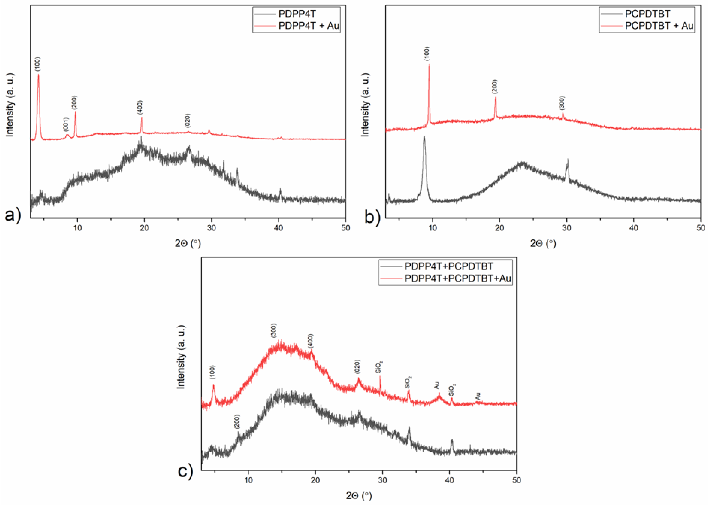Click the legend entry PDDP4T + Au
click(x=308, y=26)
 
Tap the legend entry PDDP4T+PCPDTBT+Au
click(x=458, y=278)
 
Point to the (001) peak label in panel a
click(x=65, y=125)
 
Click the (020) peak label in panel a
click(x=187, y=121)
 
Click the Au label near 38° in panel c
click(x=437, y=385)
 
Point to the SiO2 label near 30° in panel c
click(x=379, y=367)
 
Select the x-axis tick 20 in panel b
click(x=499, y=228)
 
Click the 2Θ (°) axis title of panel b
click(x=543, y=243)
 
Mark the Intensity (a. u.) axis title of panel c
click(x=181, y=357)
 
